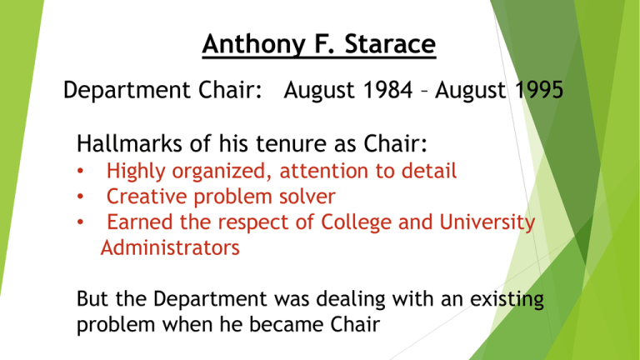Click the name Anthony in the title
point(253,45)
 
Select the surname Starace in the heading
point(390,43)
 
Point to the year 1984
point(388,90)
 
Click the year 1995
point(539,90)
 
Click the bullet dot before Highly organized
point(80,171)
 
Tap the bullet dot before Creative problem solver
point(80,197)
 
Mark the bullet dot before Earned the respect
point(80,222)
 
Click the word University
point(487,222)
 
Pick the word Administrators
point(170,247)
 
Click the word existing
point(507,299)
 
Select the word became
point(285,325)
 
